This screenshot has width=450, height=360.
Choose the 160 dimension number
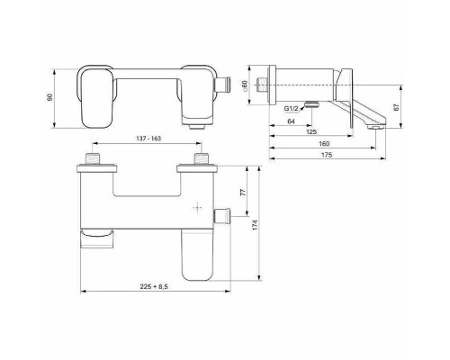point(321,144)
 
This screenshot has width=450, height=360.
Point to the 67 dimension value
point(397,106)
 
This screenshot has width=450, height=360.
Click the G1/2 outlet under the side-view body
point(310,103)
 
